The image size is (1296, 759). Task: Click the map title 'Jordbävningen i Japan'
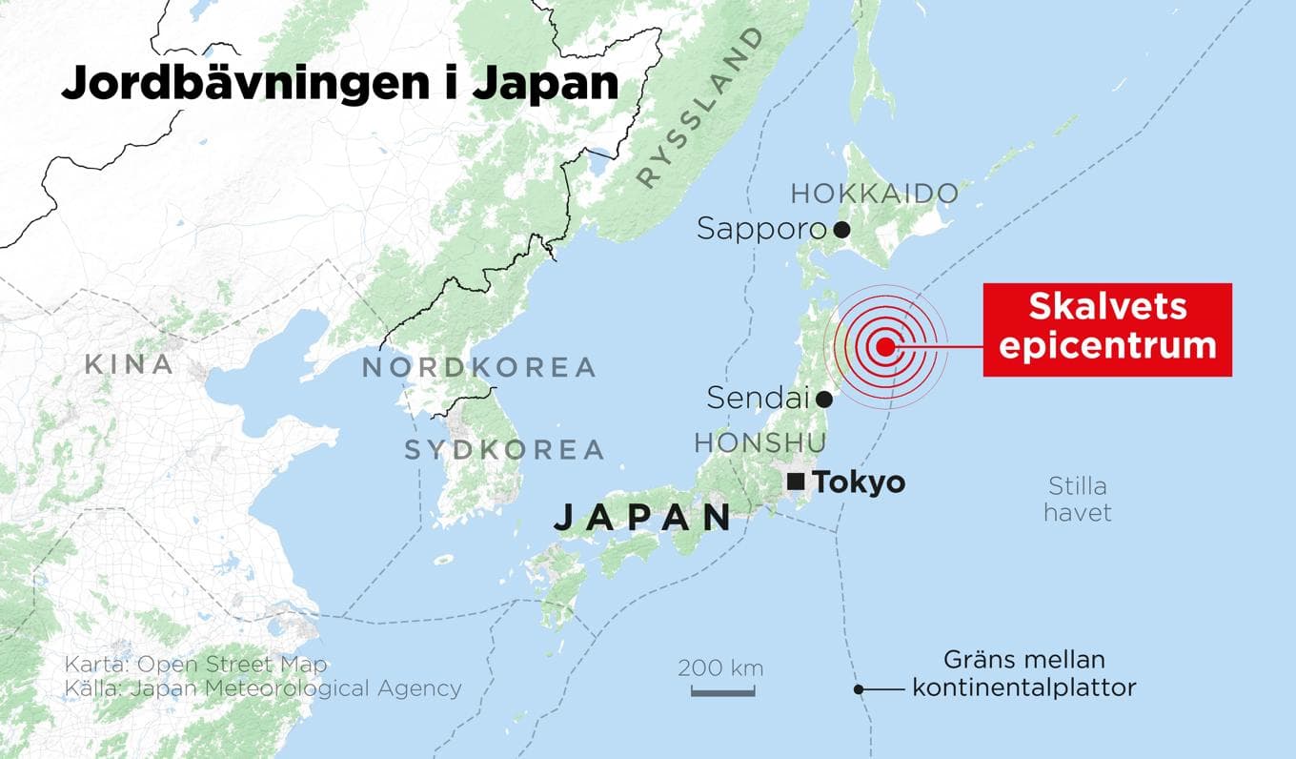tap(339, 83)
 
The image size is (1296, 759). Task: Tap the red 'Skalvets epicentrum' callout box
tap(1106, 329)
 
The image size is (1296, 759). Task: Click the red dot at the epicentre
tap(885, 347)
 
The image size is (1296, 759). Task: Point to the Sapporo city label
tap(760, 229)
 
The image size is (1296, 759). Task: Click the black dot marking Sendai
tap(824, 400)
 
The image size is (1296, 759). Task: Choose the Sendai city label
tap(757, 399)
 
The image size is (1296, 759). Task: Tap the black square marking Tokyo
tap(794, 482)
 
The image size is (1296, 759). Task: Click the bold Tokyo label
tap(858, 482)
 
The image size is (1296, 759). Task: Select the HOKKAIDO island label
tap(874, 194)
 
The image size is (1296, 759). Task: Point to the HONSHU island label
tap(759, 443)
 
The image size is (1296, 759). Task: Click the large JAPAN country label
tap(641, 518)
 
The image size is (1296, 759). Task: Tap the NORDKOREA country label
tap(478, 367)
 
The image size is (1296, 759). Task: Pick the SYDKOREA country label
tap(504, 449)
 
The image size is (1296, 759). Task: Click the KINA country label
tap(129, 364)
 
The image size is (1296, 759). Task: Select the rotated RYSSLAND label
tap(700, 107)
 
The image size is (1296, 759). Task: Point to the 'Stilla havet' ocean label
tap(1077, 500)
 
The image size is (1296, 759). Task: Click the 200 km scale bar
tap(721, 689)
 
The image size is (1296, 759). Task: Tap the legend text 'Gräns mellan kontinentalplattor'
tap(1023, 673)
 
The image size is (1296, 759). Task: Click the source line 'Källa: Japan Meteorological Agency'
tap(263, 688)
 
